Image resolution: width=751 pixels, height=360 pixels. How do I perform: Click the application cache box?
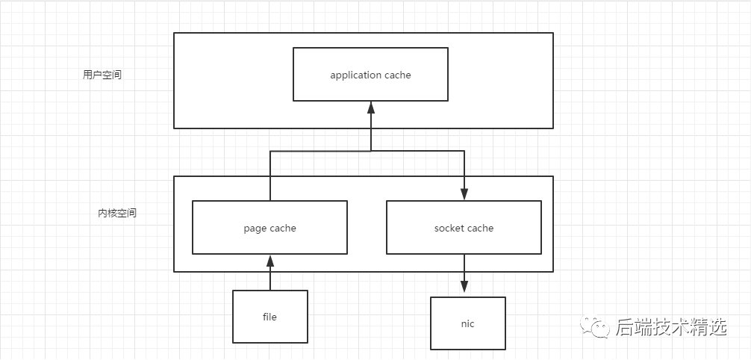click(370, 74)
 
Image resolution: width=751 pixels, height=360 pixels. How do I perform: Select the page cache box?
click(269, 227)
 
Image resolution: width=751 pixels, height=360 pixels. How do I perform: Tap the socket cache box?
click(464, 227)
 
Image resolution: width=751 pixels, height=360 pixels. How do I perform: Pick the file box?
click(269, 317)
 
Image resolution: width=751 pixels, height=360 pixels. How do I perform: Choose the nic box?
click(467, 323)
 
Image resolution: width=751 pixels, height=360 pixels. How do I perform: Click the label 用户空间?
click(102, 75)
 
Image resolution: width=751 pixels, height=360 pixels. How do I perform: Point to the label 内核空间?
click(117, 213)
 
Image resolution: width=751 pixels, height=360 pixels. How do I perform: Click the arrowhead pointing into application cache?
click(371, 107)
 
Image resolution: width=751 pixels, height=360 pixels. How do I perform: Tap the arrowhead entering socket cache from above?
click(464, 194)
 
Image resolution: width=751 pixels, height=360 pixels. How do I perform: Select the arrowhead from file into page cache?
click(269, 261)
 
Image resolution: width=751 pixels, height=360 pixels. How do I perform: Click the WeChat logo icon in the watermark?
click(595, 326)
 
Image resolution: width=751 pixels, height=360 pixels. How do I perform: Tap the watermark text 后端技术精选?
click(671, 327)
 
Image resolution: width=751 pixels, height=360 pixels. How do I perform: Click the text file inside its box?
click(269, 317)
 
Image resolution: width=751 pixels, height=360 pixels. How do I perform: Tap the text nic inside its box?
click(467, 323)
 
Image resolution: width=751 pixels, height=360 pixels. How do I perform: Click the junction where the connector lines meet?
click(371, 151)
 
